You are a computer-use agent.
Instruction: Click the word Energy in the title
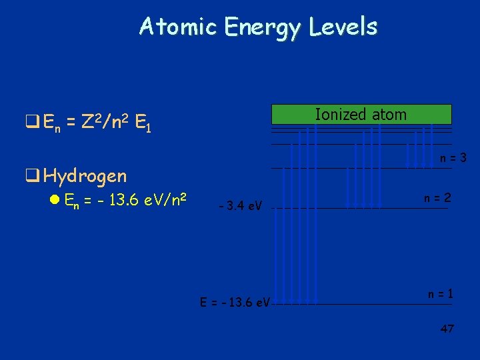pos(263,28)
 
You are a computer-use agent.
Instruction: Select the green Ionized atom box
pos(360,115)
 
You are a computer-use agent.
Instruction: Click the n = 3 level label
pos(453,158)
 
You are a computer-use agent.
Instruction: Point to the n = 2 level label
pos(438,198)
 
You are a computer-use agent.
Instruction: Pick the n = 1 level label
pos(441,293)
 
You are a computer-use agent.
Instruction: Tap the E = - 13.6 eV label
pos(235,302)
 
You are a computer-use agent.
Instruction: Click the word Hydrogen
pos(85,176)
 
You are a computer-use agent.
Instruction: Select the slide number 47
pos(447,329)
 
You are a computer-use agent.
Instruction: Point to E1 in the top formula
pos(142,123)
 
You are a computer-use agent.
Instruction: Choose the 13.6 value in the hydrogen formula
pos(121,199)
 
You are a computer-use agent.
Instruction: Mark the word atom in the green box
pos(389,115)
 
